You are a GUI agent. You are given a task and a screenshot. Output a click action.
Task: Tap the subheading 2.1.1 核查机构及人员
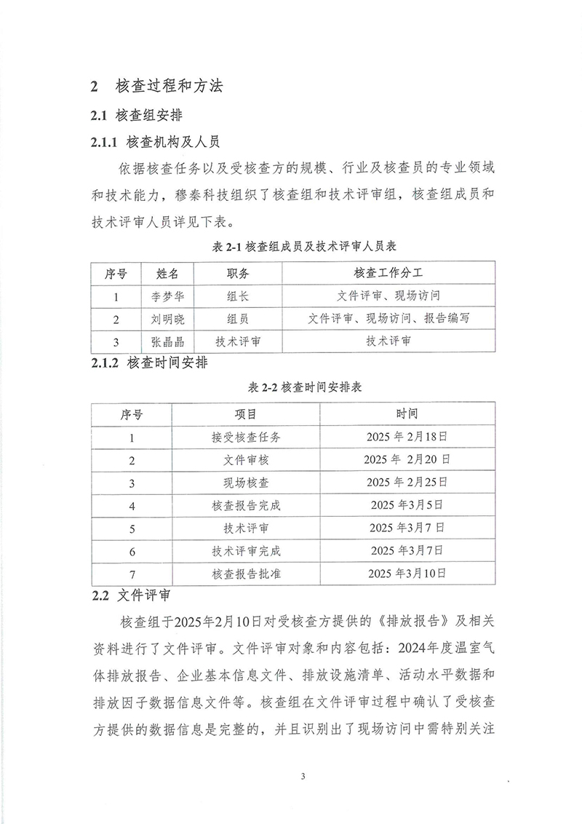click(x=155, y=140)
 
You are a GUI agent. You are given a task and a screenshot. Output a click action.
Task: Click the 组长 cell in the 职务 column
click(x=236, y=296)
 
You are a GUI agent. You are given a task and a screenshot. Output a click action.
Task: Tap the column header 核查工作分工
click(x=388, y=273)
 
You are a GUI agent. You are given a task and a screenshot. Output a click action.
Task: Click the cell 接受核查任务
click(x=246, y=437)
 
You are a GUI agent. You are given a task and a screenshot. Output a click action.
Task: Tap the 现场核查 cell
click(x=246, y=482)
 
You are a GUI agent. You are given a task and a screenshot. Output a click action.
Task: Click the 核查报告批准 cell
click(x=246, y=573)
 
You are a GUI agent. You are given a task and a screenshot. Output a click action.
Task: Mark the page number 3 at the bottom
click(x=302, y=775)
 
